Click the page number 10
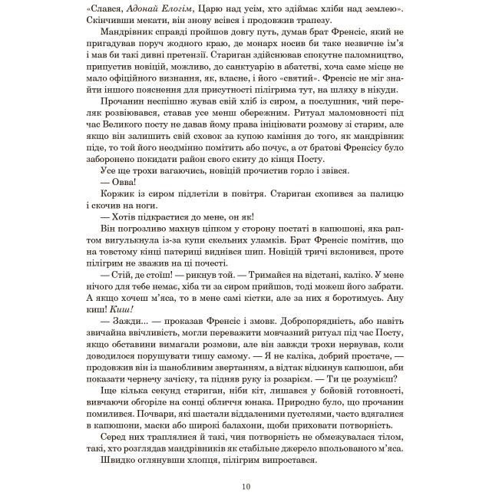click(x=246, y=486)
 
